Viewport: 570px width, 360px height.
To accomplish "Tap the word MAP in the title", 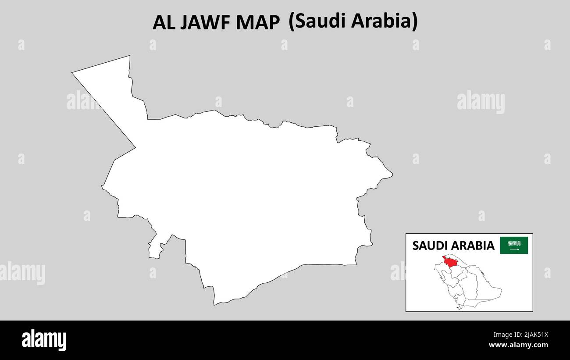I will [258, 23].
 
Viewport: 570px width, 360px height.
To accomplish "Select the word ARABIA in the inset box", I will [474, 246].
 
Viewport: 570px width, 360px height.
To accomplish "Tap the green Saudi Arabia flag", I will [514, 245].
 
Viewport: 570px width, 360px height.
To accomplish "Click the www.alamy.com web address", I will [518, 345].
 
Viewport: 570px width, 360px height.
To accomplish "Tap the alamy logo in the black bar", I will [44, 340].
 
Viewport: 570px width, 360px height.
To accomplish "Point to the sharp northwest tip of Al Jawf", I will [72, 73].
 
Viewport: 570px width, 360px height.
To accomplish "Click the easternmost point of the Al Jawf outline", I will [392, 175].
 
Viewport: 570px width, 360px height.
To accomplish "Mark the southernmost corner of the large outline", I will [214, 304].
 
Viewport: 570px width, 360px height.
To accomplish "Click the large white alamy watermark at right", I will [481, 102].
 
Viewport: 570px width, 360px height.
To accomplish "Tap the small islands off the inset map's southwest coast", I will [458, 307].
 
